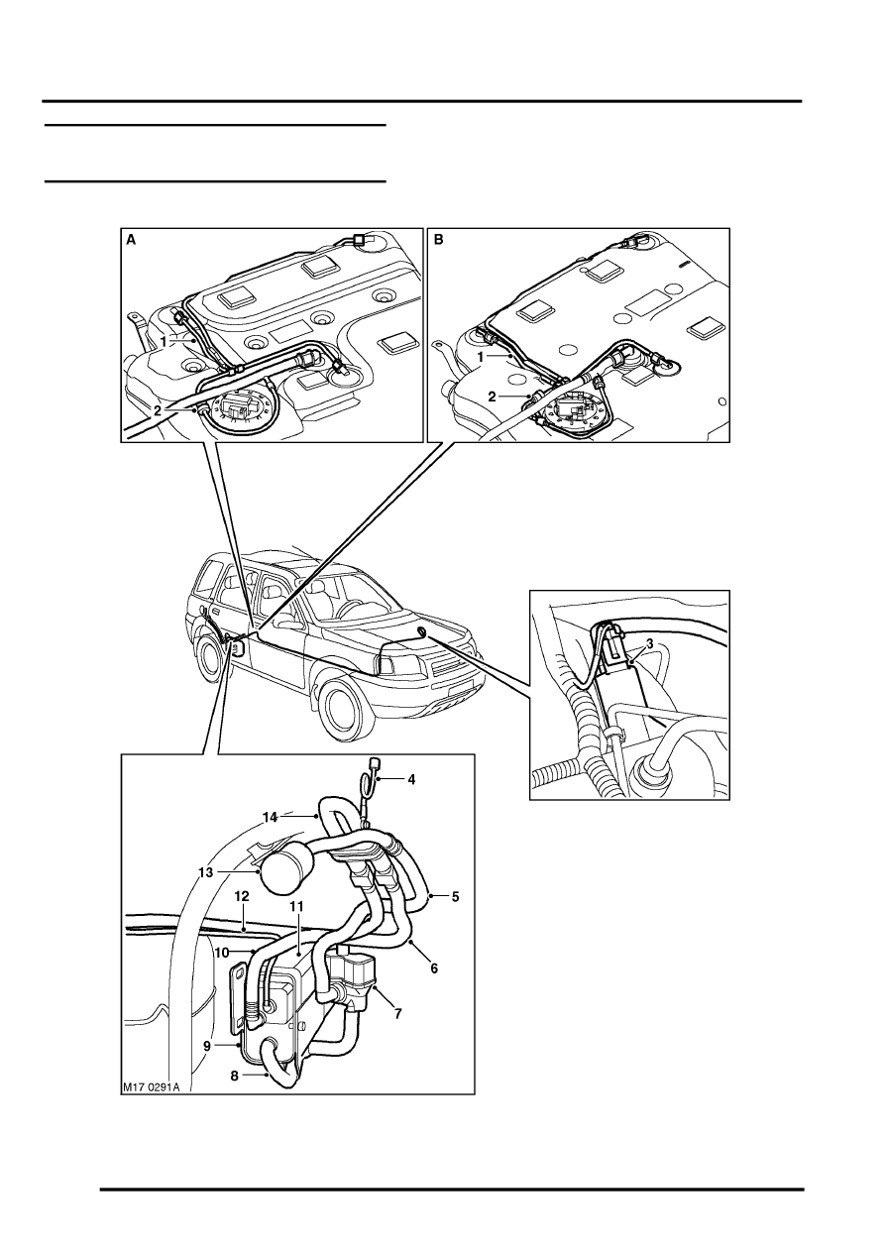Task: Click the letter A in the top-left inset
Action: (x=131, y=240)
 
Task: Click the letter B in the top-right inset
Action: (x=439, y=240)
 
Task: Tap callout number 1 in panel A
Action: (x=164, y=340)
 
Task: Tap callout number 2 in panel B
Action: (x=492, y=397)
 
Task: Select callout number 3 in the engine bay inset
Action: (x=650, y=644)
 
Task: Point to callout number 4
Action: (x=411, y=779)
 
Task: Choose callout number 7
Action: (x=397, y=1013)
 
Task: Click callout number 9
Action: (x=207, y=1045)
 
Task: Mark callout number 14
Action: (x=271, y=818)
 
